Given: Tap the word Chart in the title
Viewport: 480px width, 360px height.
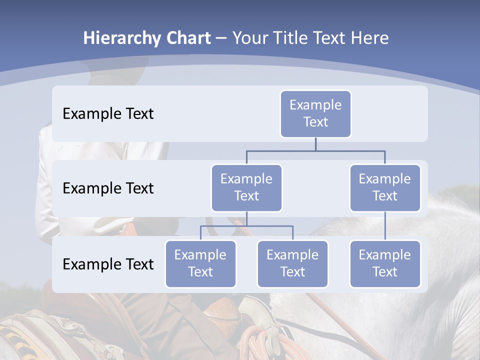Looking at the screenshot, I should (x=187, y=38).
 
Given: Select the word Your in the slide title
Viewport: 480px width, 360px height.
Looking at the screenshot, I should (x=250, y=38).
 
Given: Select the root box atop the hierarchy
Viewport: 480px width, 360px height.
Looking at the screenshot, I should (x=315, y=113).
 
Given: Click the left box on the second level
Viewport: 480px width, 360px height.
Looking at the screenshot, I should (x=246, y=187).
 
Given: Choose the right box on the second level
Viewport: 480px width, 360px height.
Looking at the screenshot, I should (x=385, y=187).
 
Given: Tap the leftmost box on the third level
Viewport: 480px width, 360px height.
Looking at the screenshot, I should (x=200, y=263).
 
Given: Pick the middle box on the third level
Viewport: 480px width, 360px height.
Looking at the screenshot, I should (x=292, y=263).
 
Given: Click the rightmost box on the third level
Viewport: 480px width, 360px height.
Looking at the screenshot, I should (x=385, y=263).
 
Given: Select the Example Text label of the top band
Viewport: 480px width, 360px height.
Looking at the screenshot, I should (x=108, y=114).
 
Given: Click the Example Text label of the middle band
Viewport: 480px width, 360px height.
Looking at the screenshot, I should (x=108, y=188).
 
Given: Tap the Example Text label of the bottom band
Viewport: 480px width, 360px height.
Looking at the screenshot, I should (x=108, y=264).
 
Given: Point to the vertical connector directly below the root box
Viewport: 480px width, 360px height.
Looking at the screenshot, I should (x=315, y=144).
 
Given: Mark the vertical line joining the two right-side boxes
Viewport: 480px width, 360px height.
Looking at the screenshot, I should (x=385, y=226).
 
